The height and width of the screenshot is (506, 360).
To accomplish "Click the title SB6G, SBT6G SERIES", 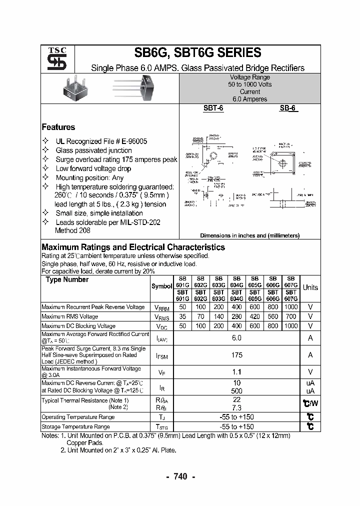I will point(197,53).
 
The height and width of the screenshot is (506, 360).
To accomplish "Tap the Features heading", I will point(58,127).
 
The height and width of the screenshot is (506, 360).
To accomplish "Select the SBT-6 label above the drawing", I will point(213,108).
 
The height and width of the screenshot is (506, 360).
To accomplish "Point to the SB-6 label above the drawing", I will point(288,108).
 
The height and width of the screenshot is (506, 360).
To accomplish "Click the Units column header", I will point(310,287).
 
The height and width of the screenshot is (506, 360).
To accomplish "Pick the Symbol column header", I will point(161,286).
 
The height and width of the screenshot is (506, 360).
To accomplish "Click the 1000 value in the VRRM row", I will point(290,307).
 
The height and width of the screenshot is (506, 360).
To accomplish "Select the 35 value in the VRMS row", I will point(182,316).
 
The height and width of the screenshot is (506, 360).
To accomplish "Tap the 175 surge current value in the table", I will point(236,355).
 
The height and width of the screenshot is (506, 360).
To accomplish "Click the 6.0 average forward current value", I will point(236,338).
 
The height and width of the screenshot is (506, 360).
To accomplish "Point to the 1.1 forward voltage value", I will point(236,371).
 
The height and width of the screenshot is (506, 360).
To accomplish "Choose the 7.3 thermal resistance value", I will point(236,408).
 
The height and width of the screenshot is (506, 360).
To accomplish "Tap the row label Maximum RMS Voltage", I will point(69,316).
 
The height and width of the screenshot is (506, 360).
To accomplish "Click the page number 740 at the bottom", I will point(180,476).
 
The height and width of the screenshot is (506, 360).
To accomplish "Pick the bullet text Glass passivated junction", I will point(93,150).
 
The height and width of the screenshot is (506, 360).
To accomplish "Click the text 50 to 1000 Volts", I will point(249,84).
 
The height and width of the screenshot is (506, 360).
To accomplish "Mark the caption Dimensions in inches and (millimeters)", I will point(249,235).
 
